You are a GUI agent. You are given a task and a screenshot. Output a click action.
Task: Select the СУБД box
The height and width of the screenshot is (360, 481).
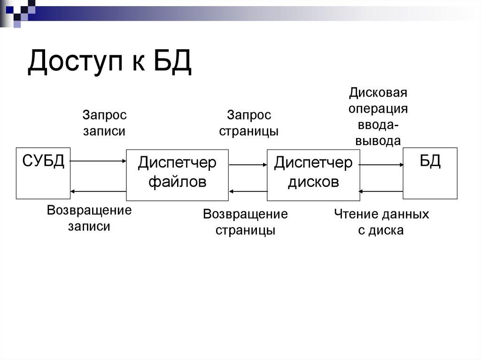43,173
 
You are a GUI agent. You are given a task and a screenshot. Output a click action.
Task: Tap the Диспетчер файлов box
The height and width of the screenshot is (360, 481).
177,176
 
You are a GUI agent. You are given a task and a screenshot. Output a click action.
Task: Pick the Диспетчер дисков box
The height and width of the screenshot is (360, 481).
313,175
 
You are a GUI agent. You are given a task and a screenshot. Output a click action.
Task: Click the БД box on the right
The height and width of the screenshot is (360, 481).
430,173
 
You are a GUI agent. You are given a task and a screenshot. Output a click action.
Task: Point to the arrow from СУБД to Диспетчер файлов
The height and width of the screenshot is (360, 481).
98,161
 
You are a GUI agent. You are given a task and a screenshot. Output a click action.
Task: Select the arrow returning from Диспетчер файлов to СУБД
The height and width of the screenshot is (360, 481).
98,191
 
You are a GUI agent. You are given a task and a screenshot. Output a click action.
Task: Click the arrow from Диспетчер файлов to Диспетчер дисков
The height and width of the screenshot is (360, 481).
248,165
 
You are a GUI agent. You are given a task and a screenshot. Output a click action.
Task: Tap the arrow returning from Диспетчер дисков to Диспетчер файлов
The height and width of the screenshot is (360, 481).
248,191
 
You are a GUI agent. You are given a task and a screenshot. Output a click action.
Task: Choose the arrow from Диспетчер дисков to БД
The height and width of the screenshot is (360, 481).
381,165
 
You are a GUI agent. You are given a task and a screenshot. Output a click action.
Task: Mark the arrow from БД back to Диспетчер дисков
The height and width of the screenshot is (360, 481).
381,191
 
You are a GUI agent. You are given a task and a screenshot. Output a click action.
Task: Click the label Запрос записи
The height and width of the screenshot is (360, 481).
104,123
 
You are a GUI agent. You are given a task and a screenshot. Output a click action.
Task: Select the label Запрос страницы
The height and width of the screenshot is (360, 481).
249,123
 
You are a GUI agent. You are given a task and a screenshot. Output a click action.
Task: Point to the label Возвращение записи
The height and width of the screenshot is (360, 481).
89,218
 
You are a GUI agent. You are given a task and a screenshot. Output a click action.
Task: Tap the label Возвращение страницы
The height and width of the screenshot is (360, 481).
245,222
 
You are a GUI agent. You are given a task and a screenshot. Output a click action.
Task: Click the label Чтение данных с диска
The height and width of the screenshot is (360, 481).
381,222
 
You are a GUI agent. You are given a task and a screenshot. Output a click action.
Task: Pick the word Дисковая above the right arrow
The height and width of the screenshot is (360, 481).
377,92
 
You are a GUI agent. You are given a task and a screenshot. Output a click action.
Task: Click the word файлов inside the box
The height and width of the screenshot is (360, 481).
177,182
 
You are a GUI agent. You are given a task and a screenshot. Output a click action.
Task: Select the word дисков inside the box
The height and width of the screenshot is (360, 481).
313,182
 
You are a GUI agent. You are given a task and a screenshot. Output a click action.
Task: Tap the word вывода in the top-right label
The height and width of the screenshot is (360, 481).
378,141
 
